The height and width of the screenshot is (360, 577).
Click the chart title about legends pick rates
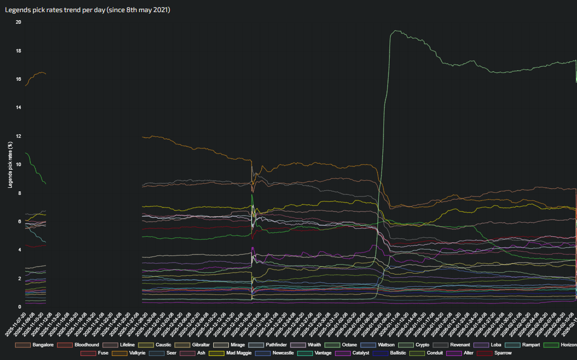click(x=87, y=10)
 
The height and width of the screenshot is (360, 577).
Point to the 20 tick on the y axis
click(x=18, y=22)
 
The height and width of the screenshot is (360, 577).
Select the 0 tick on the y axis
click(x=19, y=306)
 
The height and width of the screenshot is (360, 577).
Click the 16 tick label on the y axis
click(x=18, y=79)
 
